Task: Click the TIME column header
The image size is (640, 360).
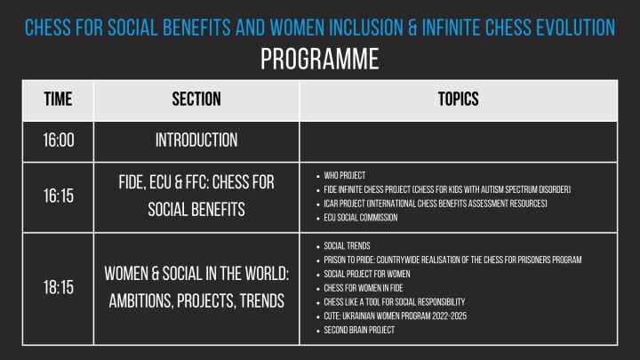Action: coord(58,100)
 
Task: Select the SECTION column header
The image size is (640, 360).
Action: coord(196,100)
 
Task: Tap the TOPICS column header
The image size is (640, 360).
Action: coord(459,100)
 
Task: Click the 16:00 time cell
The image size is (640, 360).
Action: coord(59,140)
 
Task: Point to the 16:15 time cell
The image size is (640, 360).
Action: coord(59,196)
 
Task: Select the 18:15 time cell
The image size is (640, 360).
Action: coord(59,287)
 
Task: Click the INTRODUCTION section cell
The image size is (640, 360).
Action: coord(196,140)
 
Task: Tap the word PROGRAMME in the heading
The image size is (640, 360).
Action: coord(320,59)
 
